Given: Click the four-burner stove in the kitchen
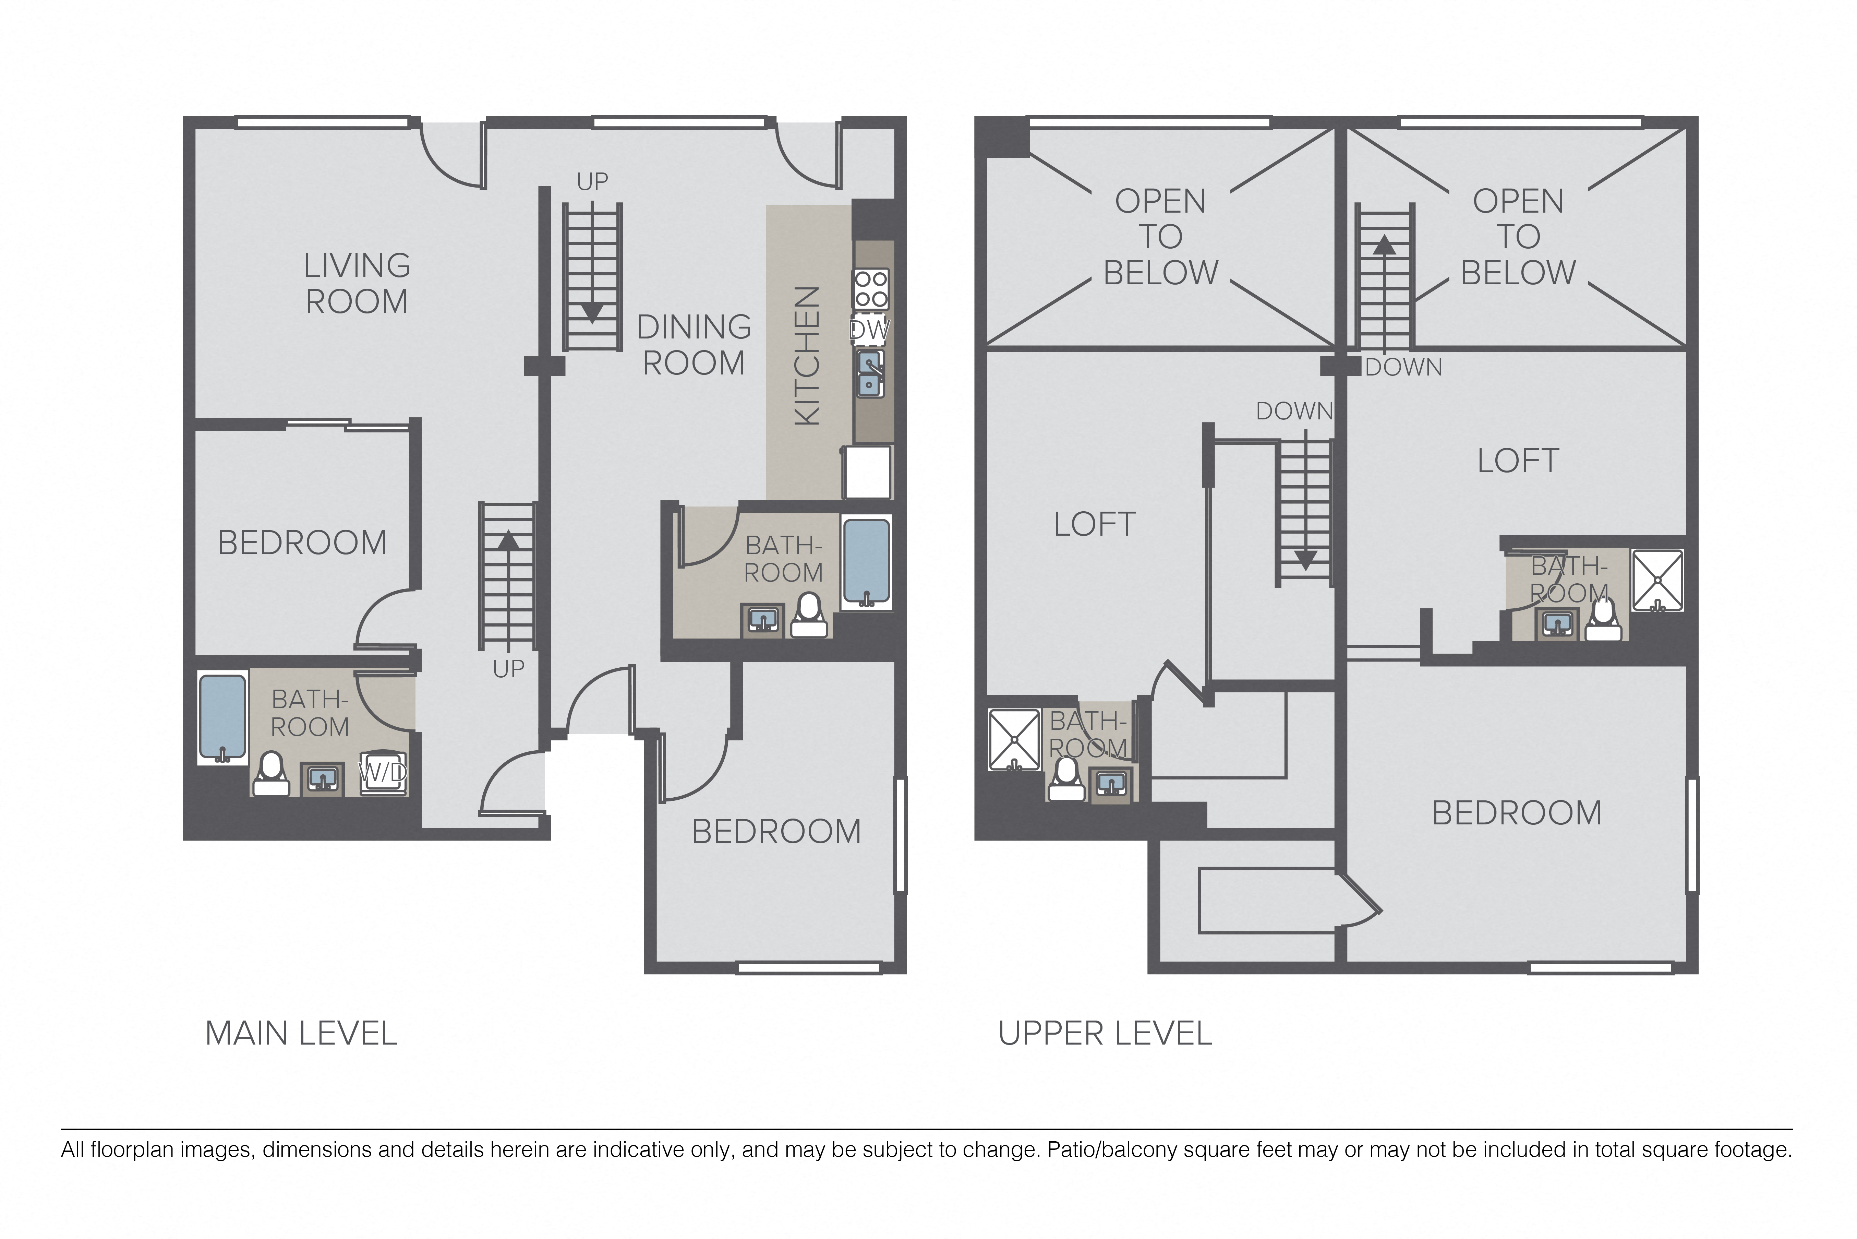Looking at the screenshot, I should [x=870, y=289].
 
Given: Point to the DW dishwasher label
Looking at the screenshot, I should [x=870, y=330].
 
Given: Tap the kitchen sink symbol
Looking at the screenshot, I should [x=870, y=374].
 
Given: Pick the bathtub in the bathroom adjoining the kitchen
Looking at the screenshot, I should [x=867, y=561].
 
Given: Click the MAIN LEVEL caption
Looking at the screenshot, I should [x=301, y=1034].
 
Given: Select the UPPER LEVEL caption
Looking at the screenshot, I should [x=1105, y=1034].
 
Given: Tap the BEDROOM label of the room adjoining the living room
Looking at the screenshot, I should [x=302, y=543].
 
